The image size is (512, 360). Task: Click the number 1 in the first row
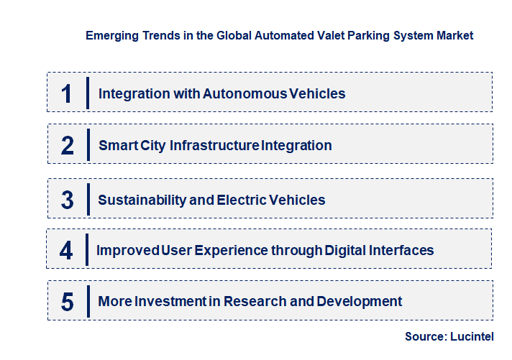67,93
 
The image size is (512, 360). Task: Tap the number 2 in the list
68,146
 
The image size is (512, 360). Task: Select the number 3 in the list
68,200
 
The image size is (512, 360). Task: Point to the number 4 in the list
67,251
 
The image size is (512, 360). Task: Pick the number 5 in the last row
68,302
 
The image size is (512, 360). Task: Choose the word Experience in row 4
230,250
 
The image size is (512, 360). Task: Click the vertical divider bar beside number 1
87,93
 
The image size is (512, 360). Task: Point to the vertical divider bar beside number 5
87,301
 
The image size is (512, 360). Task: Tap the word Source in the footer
424,336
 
